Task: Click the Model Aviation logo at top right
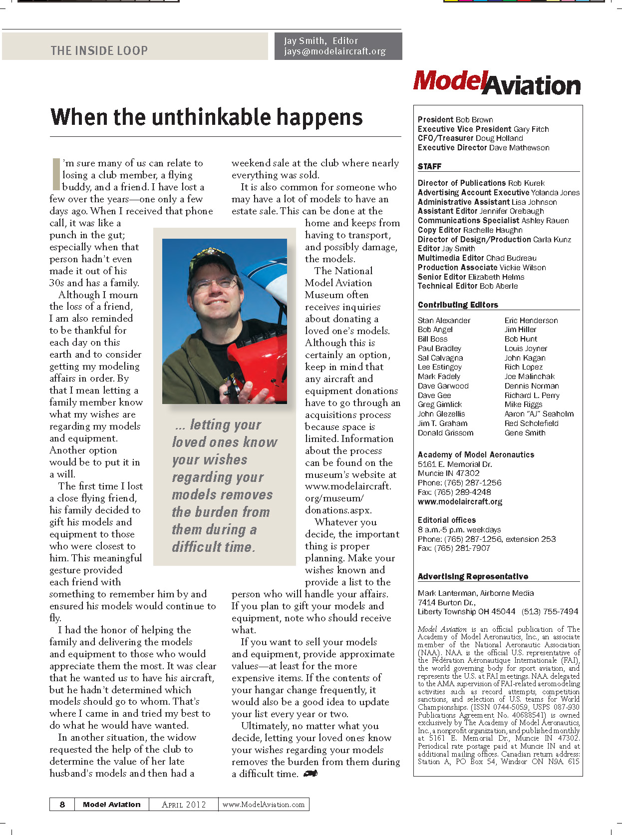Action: coord(497,83)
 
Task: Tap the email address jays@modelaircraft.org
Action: coord(334,51)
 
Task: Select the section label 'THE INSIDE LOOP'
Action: coord(99,50)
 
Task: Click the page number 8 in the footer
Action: coord(62,805)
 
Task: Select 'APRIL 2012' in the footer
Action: coord(184,805)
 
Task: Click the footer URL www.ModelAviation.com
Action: coord(263,805)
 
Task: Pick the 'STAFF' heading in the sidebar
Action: coord(429,166)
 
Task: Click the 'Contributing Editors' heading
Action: coord(458,305)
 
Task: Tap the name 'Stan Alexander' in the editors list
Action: coord(444,321)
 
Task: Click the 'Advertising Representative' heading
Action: coord(473,576)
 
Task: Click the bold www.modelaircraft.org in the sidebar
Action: coord(460,501)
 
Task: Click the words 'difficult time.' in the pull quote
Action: coord(213,547)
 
